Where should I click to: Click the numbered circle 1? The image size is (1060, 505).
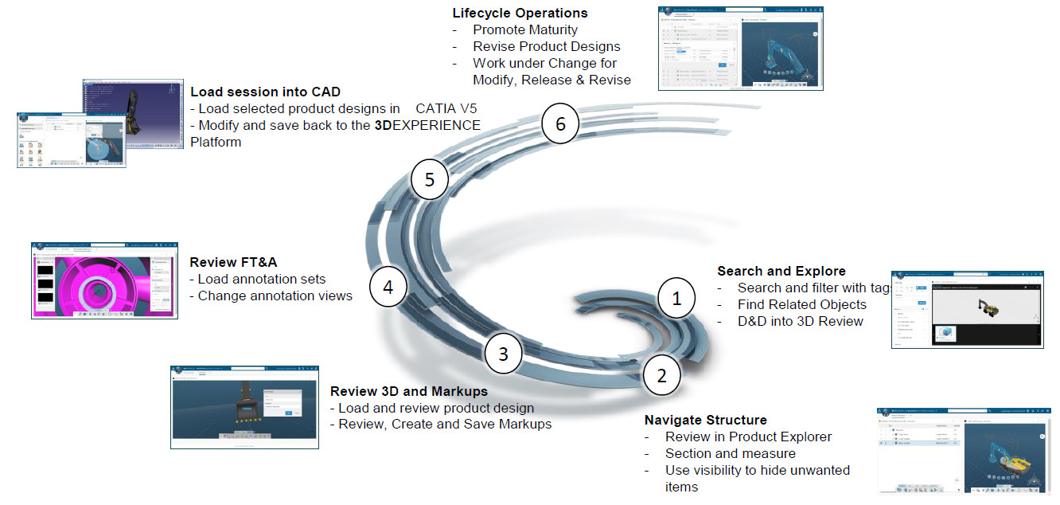676,299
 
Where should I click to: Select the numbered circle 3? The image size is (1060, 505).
503,353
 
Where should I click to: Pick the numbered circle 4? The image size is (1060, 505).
388,287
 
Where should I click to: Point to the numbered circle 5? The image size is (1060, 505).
430,180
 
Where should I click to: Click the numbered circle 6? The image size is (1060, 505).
561,124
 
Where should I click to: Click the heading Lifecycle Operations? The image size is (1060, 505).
520,13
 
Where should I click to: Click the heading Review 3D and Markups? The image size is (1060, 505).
409,391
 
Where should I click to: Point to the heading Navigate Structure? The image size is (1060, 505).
705,420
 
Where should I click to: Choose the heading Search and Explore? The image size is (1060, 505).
781,271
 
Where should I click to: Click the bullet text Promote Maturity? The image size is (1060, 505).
525,29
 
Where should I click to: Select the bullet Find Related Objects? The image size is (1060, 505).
801,304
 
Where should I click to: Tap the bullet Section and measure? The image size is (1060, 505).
730,453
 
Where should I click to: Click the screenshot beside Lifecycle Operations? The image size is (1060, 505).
740,48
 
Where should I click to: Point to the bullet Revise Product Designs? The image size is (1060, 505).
546,46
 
